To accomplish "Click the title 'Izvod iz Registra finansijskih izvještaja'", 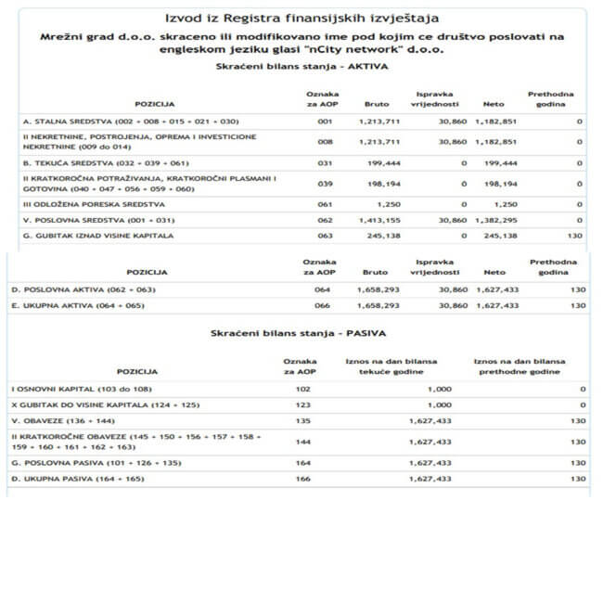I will [301, 18].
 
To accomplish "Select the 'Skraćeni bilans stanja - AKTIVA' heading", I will [301, 68].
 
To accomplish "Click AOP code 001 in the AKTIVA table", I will [324, 121].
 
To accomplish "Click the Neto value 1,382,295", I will [496, 220].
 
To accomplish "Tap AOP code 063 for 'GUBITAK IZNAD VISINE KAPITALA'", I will [324, 237].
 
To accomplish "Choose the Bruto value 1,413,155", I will [381, 220].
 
